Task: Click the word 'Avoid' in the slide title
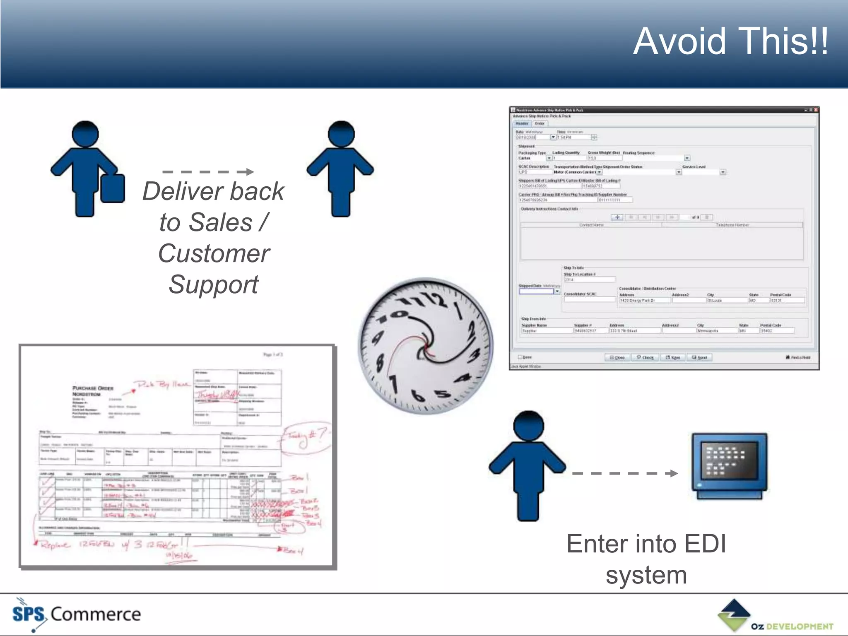[679, 41]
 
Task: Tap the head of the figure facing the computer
[528, 426]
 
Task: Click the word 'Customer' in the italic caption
[214, 253]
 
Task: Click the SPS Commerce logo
[77, 614]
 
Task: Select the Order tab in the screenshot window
[540, 123]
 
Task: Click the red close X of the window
[816, 110]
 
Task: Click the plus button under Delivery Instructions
[617, 217]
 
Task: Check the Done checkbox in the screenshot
[520, 357]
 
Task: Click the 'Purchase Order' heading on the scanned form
[93, 388]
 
